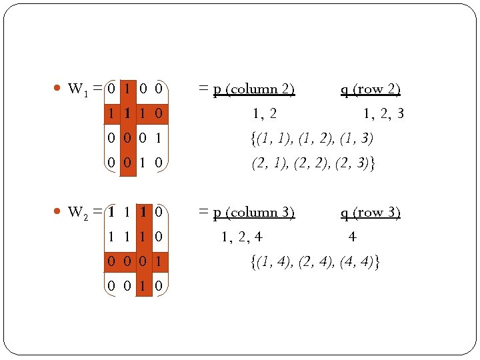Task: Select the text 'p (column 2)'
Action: pyautogui.click(x=254, y=89)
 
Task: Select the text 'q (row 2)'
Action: pyautogui.click(x=371, y=89)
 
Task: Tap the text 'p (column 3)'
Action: pyautogui.click(x=254, y=213)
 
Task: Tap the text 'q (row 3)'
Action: pyautogui.click(x=371, y=213)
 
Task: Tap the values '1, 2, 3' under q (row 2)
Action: pyautogui.click(x=383, y=115)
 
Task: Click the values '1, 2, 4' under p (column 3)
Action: pyautogui.click(x=242, y=237)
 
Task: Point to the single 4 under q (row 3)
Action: pyautogui.click(x=352, y=237)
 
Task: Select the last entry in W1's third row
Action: pyautogui.click(x=158, y=139)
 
